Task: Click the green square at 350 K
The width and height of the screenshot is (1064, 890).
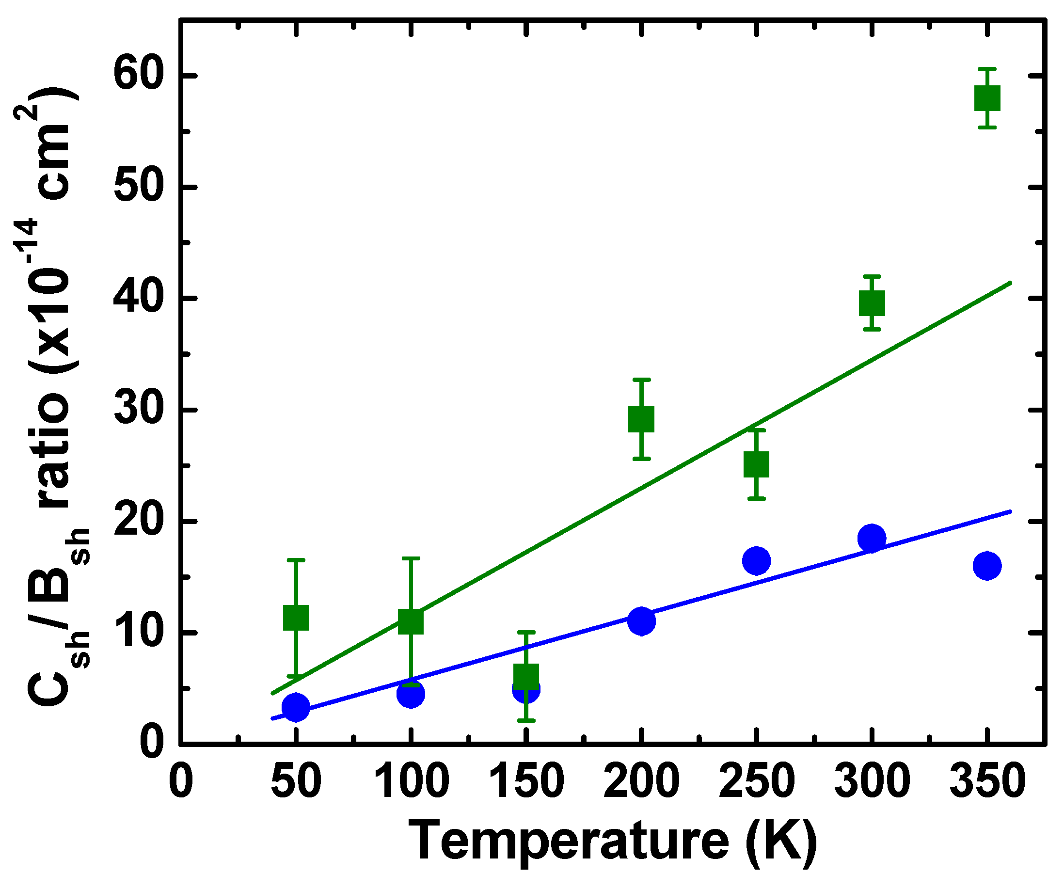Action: [x=987, y=98]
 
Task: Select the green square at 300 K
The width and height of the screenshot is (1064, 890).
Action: [x=872, y=303]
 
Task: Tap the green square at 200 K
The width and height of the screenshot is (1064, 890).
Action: [x=641, y=419]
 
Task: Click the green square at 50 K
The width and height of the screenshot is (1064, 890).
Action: [x=295, y=617]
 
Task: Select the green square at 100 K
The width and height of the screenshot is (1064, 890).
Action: [x=411, y=621]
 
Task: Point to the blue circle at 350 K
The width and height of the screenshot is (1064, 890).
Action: [x=987, y=565]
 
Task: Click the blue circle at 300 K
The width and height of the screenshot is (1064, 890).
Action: [x=872, y=538]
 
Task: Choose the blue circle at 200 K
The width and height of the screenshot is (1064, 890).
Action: [x=641, y=621]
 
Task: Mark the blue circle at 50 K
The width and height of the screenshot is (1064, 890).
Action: [x=295, y=707]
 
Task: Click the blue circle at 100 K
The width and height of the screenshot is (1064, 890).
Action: [x=411, y=694]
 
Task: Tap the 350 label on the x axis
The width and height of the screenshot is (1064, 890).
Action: [x=987, y=781]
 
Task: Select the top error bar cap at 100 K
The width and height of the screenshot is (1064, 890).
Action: [x=411, y=558]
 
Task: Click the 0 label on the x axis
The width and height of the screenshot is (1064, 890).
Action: [x=181, y=781]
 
